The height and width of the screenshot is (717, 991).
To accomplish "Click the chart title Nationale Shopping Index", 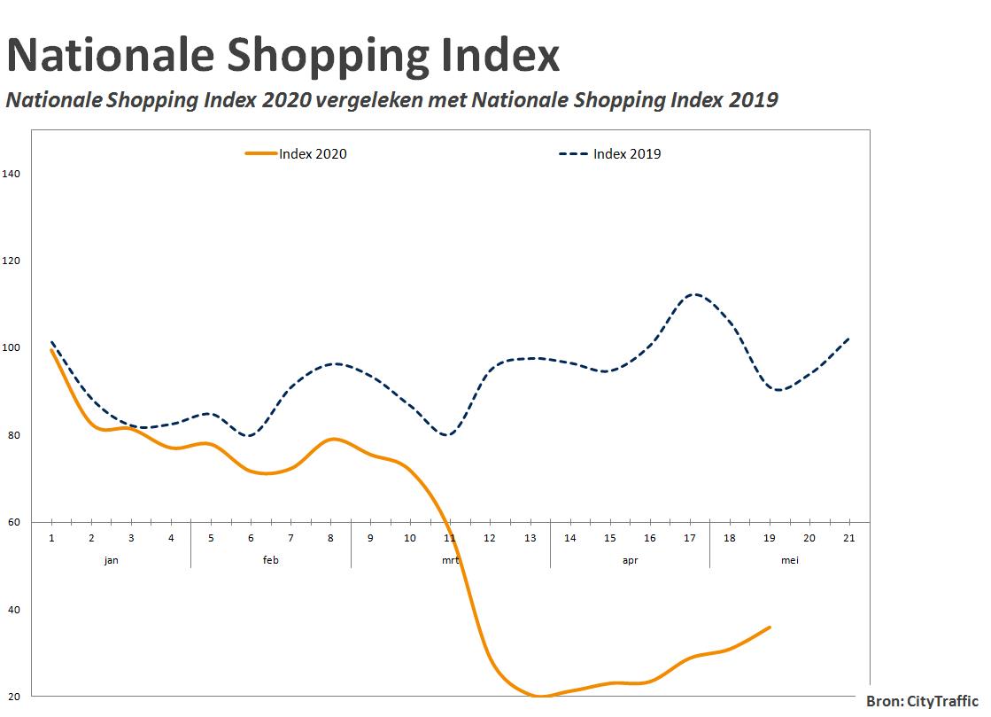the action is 283,56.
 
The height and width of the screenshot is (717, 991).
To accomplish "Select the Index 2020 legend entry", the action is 296,153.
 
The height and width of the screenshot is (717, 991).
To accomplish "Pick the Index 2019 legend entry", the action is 610,153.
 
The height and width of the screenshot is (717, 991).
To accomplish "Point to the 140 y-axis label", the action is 12,174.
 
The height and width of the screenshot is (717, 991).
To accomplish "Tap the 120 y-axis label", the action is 12,261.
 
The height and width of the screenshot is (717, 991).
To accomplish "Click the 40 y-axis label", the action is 14,610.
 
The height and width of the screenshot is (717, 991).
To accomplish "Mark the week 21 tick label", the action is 848,538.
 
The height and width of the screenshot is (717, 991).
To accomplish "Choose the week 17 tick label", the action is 690,538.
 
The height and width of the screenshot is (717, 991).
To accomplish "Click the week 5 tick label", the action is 211,538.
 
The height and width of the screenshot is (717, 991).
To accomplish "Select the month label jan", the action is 112,560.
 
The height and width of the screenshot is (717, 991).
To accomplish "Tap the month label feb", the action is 270,560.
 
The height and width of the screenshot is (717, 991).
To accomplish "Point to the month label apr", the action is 631,561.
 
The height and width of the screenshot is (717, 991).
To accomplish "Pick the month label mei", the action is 789,560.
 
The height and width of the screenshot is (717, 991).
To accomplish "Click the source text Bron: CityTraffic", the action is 922,701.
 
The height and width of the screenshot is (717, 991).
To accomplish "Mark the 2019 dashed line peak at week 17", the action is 694,294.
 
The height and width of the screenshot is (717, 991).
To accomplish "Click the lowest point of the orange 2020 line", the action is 539,696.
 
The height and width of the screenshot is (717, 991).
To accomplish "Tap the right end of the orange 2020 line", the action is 770,627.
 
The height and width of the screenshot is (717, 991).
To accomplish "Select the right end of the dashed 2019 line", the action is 848,339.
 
